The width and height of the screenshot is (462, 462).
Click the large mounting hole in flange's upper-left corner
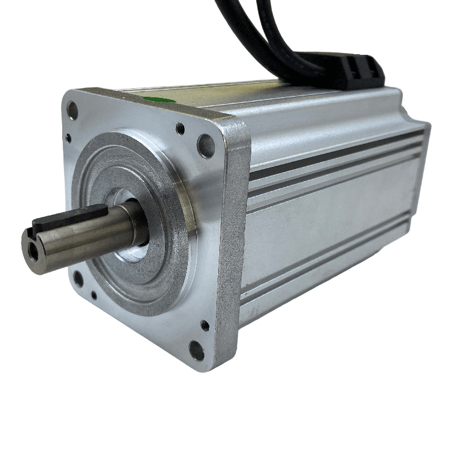click(x=73, y=110)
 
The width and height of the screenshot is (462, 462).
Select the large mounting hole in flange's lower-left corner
click(x=78, y=278)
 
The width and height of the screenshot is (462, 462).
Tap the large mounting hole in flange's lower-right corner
click(x=196, y=350)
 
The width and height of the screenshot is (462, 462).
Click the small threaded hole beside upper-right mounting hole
click(x=180, y=129)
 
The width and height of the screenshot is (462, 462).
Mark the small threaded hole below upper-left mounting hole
click(x=69, y=139)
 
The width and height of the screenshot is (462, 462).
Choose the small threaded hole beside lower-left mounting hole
click(x=93, y=296)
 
